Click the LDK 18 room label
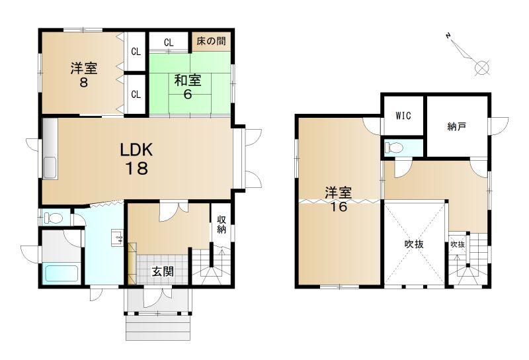tap(137, 158)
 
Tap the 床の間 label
tap(211, 41)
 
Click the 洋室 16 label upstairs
tap(339, 199)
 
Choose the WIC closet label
tap(403, 116)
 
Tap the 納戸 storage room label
tap(457, 126)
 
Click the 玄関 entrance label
tap(163, 271)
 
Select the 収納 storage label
tap(222, 224)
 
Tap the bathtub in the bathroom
tap(62, 273)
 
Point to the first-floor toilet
tap(54, 218)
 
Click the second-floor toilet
tap(394, 148)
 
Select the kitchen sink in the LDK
tap(50, 167)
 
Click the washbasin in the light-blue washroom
tap(118, 238)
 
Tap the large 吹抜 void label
tap(414, 244)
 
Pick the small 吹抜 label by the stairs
tap(458, 244)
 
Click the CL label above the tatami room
tap(169, 42)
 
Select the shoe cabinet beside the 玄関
tap(132, 263)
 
